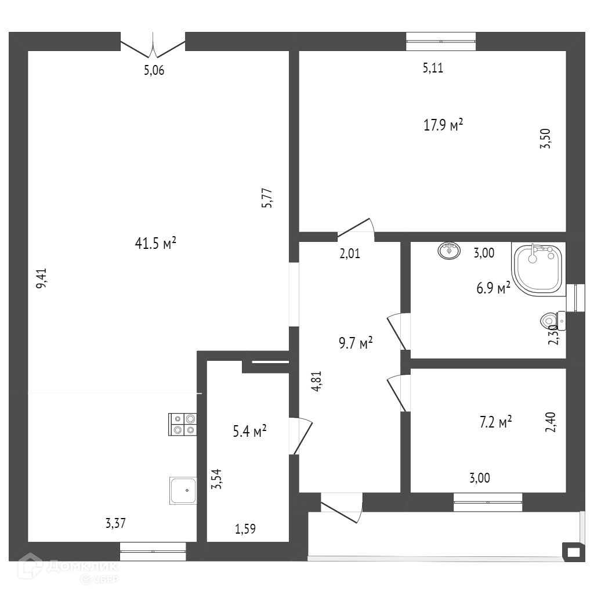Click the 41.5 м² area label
click(155, 244)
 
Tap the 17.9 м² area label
click(444, 125)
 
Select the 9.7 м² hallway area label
click(356, 343)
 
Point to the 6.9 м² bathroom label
click(494, 288)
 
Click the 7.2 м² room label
click(495, 422)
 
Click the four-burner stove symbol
click(183, 424)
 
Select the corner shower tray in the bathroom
click(538, 268)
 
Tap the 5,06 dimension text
click(154, 71)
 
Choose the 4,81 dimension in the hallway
click(316, 382)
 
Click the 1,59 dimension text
click(245, 528)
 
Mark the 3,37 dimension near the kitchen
click(115, 523)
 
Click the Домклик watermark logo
click(68, 567)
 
